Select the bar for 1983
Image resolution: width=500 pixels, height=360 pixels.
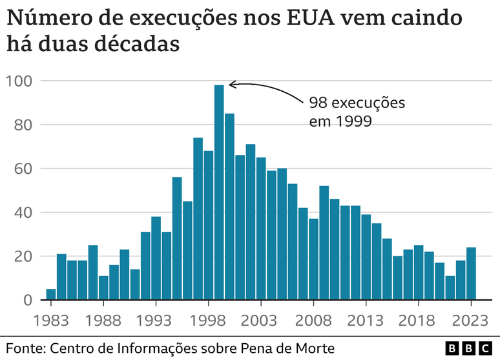[51, 294]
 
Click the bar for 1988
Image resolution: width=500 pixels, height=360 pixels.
[103, 288]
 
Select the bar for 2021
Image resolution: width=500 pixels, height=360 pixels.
[450, 288]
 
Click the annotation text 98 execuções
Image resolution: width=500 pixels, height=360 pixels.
[356, 103]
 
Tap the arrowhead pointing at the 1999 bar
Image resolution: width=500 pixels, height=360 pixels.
[232, 83]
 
